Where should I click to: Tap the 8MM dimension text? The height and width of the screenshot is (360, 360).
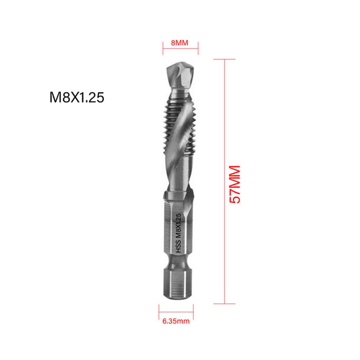click(x=180, y=43)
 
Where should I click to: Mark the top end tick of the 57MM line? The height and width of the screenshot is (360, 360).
click(x=225, y=59)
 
